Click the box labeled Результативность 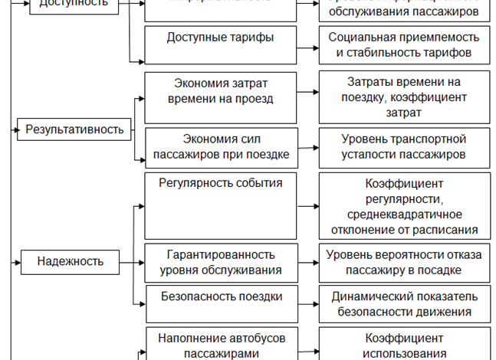(74, 129)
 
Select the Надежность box (70, 261)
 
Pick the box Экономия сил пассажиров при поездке (221, 146)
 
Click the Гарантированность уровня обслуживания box (221, 261)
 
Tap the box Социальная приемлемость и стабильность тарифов (404, 45)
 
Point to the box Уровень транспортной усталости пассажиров (404, 146)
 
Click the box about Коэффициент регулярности (404, 205)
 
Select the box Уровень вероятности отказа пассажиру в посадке (404, 261)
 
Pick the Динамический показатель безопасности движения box (404, 303)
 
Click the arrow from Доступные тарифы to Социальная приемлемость (307, 45)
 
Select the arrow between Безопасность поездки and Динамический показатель (307, 303)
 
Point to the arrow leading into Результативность (14, 129)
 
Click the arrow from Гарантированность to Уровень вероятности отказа (307, 261)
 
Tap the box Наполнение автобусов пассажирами (221, 345)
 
